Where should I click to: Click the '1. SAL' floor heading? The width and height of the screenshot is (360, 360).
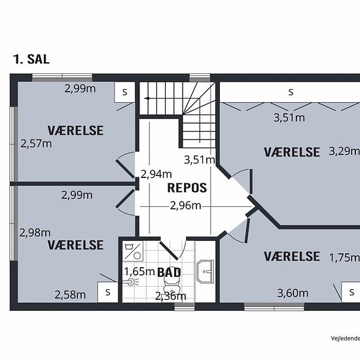pyautogui.click(x=31, y=59)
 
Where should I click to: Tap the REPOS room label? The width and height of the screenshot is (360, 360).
pyautogui.click(x=187, y=188)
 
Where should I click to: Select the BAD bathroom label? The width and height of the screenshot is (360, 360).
pyautogui.click(x=169, y=273)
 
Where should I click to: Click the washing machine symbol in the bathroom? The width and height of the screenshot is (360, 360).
pyautogui.click(x=133, y=251)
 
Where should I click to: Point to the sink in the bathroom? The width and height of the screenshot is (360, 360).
pyautogui.click(x=206, y=272)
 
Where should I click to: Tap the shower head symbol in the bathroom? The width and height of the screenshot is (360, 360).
pyautogui.click(x=132, y=282)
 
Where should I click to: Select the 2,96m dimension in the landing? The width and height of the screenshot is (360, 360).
pyautogui.click(x=185, y=206)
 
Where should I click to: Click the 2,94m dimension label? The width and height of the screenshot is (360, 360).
pyautogui.click(x=156, y=174)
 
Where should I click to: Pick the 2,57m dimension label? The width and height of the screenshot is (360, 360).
pyautogui.click(x=36, y=144)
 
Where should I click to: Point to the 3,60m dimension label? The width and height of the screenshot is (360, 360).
pyautogui.click(x=293, y=293)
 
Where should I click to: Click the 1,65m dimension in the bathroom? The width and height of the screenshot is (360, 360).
pyautogui.click(x=139, y=272)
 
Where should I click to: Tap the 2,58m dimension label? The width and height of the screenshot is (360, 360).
pyautogui.click(x=70, y=295)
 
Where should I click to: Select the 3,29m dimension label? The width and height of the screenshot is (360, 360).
pyautogui.click(x=344, y=151)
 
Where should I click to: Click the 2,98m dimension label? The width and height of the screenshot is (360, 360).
pyautogui.click(x=35, y=233)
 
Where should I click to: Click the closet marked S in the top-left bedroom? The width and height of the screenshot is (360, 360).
pyautogui.click(x=124, y=92)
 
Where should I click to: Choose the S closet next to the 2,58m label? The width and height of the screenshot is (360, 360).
pyautogui.click(x=108, y=292)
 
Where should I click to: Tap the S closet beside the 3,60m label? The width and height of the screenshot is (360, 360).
pyautogui.click(x=351, y=292)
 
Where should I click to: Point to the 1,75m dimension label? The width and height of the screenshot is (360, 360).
pyautogui.click(x=344, y=258)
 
